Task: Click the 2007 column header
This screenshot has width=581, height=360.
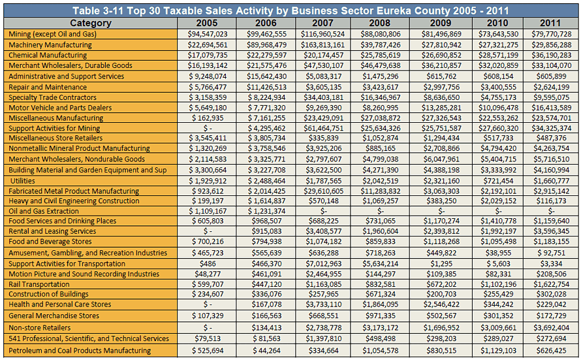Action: (322, 23)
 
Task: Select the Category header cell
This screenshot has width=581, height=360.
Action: (90, 23)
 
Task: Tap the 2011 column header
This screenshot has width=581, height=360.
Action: (550, 23)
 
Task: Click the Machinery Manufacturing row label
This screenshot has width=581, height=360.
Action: (50, 45)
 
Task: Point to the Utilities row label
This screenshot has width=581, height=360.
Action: (23, 181)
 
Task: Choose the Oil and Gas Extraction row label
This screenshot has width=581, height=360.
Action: (44, 211)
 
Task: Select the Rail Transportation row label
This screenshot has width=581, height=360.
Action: (39, 284)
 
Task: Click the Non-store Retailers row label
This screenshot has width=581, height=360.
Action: (39, 328)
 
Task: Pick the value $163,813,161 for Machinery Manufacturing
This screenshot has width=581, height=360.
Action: (322, 45)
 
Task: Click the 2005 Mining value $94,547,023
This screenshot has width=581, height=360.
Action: (207, 34)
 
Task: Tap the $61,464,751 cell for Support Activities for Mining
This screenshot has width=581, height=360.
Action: (322, 128)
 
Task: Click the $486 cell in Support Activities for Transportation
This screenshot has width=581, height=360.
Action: (207, 263)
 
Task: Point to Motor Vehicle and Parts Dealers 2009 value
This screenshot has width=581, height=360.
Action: (441, 108)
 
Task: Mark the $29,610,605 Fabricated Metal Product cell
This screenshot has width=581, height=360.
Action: (322, 191)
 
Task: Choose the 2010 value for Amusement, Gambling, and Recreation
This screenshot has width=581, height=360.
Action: (498, 253)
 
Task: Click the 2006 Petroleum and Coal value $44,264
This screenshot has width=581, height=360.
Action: (266, 350)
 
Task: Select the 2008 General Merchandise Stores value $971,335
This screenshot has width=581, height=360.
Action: (380, 316)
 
